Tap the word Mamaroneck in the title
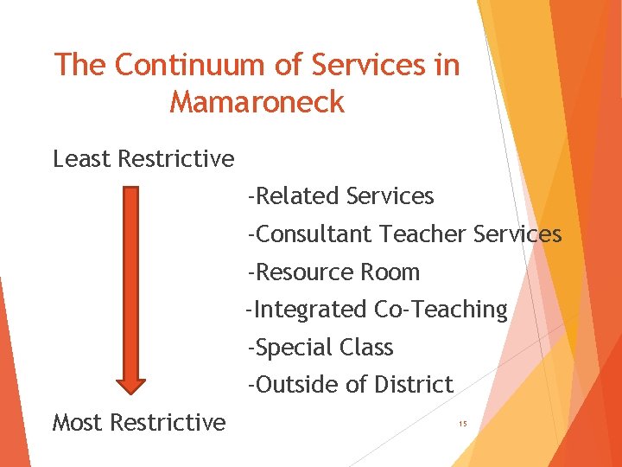click(x=257, y=102)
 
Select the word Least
click(x=82, y=159)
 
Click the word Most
click(x=79, y=422)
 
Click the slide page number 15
click(x=463, y=424)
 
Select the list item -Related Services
click(x=340, y=196)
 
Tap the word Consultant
click(x=314, y=234)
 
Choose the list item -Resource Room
click(x=333, y=272)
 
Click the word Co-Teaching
click(x=441, y=310)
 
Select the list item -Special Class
click(x=320, y=348)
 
